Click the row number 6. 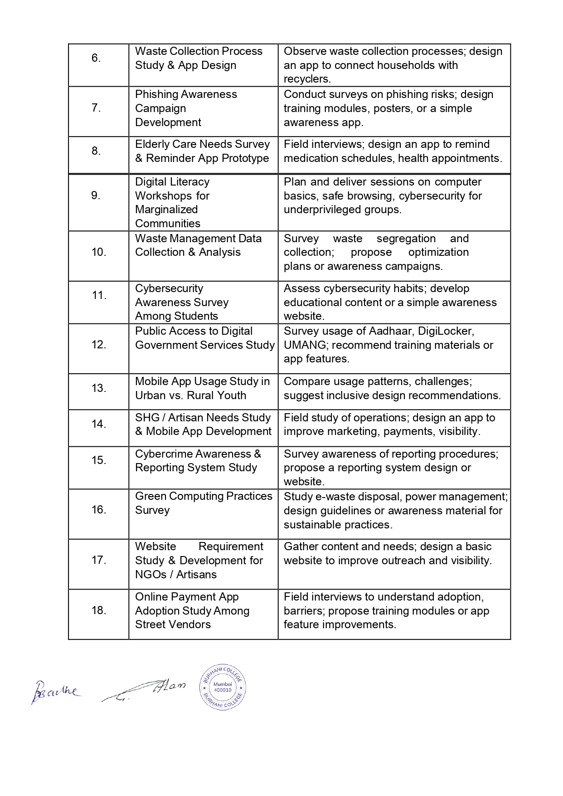click(x=96, y=58)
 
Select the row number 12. click(x=98, y=345)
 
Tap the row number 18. click(x=98, y=610)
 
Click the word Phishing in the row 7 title click(x=156, y=94)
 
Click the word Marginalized click(x=166, y=210)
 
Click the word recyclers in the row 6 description click(x=306, y=79)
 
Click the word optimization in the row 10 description click(x=438, y=252)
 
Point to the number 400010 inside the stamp click(x=223, y=690)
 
